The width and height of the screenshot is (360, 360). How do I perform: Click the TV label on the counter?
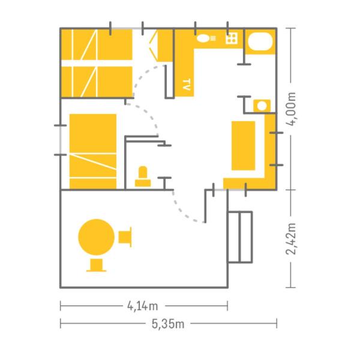[x=187, y=85]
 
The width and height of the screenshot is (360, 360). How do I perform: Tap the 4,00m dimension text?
[x=291, y=109]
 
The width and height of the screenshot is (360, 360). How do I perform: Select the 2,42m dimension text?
[x=291, y=239]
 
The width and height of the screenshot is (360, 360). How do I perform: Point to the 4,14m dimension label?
[x=143, y=306]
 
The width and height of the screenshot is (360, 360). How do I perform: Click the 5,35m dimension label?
[x=168, y=324]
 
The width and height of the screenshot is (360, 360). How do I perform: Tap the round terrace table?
[x=97, y=237]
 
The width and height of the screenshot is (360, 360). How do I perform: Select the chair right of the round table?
[x=125, y=237]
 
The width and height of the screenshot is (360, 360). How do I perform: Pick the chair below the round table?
[x=97, y=265]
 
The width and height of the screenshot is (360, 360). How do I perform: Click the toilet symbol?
[x=143, y=176]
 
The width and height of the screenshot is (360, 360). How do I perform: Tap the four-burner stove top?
[x=232, y=38]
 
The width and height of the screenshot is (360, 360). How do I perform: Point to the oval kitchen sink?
[x=203, y=38]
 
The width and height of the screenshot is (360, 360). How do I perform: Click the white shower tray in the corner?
[x=260, y=41]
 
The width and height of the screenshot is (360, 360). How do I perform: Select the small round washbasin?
[x=262, y=106]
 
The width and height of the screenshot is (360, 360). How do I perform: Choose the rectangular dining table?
[x=244, y=146]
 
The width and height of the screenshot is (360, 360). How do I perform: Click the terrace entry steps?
[x=240, y=237]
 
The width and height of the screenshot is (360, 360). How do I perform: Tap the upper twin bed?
[x=97, y=44]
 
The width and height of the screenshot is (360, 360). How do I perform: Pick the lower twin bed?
[x=97, y=82]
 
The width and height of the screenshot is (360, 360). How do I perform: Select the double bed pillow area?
[x=93, y=133]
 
